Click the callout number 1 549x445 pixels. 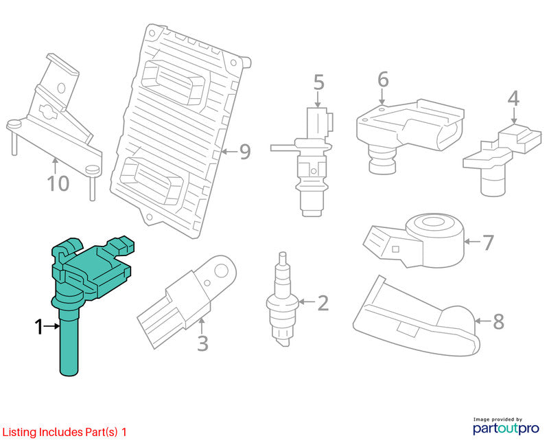coord(38,327)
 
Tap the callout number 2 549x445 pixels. coord(323,303)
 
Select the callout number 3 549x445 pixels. coord(202,343)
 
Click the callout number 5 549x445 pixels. coord(318,82)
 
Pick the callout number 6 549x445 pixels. coord(383,80)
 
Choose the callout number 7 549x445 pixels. coord(488,242)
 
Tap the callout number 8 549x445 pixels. coord(498,321)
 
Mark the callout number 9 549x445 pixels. coord(245,152)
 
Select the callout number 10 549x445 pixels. coord(58,183)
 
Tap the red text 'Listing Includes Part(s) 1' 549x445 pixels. coord(65,432)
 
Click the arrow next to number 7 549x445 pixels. coord(472,242)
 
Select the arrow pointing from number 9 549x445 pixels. coord(229,152)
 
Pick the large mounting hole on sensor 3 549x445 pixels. coord(222,271)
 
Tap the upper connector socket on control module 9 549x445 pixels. coord(174,82)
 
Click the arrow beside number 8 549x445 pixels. coord(483,321)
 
